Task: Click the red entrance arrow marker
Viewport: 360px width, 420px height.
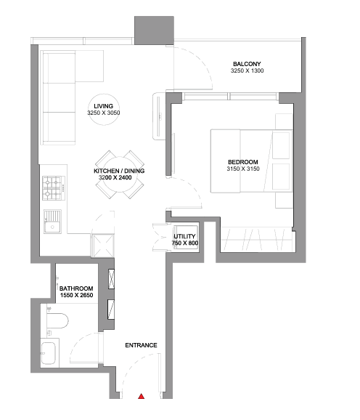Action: pyautogui.click(x=142, y=396)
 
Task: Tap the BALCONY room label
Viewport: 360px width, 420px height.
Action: pyautogui.click(x=247, y=64)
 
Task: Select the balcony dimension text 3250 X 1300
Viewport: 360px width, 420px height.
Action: pyautogui.click(x=247, y=70)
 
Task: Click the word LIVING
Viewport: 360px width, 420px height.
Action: pyautogui.click(x=104, y=106)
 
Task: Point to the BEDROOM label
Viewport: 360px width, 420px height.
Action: pyautogui.click(x=243, y=162)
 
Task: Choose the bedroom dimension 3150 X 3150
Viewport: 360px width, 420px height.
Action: pyautogui.click(x=243, y=169)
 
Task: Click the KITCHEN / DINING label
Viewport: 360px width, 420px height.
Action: pyautogui.click(x=119, y=171)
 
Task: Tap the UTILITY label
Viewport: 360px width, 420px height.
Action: pyautogui.click(x=184, y=236)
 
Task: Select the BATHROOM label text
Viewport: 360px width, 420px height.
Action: pyautogui.click(x=76, y=288)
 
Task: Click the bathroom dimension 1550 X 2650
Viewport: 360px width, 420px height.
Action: pyautogui.click(x=76, y=295)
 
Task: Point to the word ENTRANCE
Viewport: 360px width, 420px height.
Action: pyautogui.click(x=141, y=345)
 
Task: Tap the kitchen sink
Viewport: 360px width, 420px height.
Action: pyautogui.click(x=52, y=222)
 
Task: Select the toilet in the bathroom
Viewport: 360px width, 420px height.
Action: pyautogui.click(x=57, y=320)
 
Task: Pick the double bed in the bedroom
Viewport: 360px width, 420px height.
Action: pyautogui.click(x=251, y=161)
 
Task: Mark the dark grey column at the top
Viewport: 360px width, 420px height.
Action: pyautogui.click(x=154, y=31)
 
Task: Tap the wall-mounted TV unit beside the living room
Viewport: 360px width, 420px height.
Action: pyautogui.click(x=158, y=116)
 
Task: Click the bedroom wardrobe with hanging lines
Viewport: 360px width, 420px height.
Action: pyautogui.click(x=258, y=240)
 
